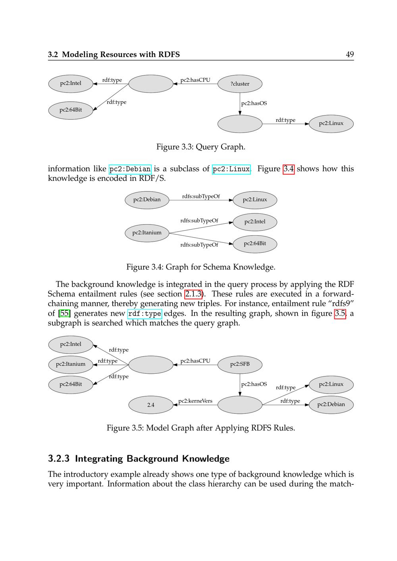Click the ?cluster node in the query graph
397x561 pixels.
(240, 84)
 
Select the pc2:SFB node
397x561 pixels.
(240, 364)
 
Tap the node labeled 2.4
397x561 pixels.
(151, 405)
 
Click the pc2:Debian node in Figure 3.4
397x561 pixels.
(147, 200)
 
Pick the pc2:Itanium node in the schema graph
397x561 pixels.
(147, 232)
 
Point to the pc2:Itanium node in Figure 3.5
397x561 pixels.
(71, 364)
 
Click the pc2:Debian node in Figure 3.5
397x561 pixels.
(331, 405)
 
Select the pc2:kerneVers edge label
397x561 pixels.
(195, 401)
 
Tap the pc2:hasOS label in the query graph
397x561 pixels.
(254, 103)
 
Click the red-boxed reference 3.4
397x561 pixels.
(289, 169)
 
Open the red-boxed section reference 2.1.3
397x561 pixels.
(193, 294)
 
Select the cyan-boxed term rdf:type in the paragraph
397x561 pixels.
(145, 314)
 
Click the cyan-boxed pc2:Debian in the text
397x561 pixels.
(130, 169)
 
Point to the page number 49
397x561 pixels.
(350, 54)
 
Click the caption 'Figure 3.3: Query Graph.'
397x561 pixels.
(200, 147)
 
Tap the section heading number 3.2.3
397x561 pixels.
(59, 459)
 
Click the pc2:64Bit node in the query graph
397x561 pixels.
(71, 110)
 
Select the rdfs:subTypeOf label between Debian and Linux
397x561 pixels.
(201, 196)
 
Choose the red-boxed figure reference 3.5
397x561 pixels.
(340, 313)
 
